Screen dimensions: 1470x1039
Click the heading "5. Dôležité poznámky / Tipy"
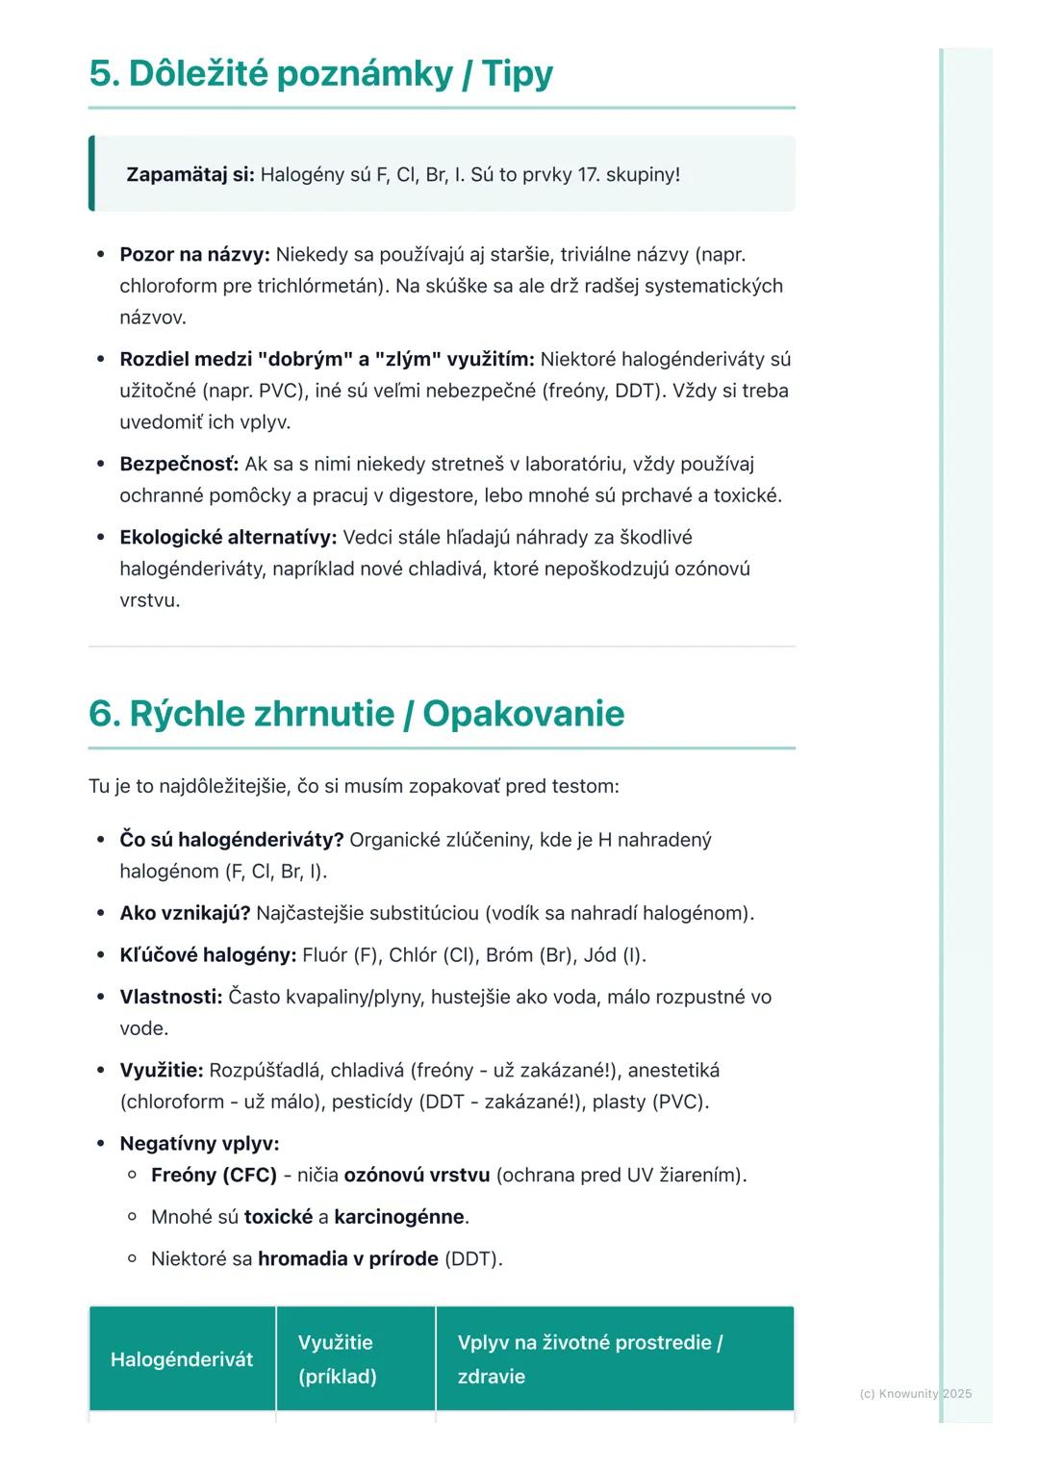(320, 74)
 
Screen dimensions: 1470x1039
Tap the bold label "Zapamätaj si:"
(190, 175)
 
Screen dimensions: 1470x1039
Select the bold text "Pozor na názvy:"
(194, 255)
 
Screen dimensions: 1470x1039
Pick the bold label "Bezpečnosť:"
(179, 465)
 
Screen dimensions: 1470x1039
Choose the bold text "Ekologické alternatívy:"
(228, 538)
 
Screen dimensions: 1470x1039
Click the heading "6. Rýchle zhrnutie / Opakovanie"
(356, 714)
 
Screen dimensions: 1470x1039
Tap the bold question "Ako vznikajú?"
(185, 914)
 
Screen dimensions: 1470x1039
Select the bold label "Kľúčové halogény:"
(208, 955)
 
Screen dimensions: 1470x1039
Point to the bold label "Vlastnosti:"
(170, 998)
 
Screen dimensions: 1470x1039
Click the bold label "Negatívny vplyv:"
(199, 1144)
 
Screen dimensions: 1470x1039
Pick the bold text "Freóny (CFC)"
(214, 1176)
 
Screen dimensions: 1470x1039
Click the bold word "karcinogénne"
(399, 1217)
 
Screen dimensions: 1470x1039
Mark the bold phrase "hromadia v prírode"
(348, 1259)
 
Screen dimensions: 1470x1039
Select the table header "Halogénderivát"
(182, 1359)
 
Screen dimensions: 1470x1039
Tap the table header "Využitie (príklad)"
(337, 1359)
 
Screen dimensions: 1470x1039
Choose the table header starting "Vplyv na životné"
(590, 1359)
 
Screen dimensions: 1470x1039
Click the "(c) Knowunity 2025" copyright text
(915, 1394)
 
